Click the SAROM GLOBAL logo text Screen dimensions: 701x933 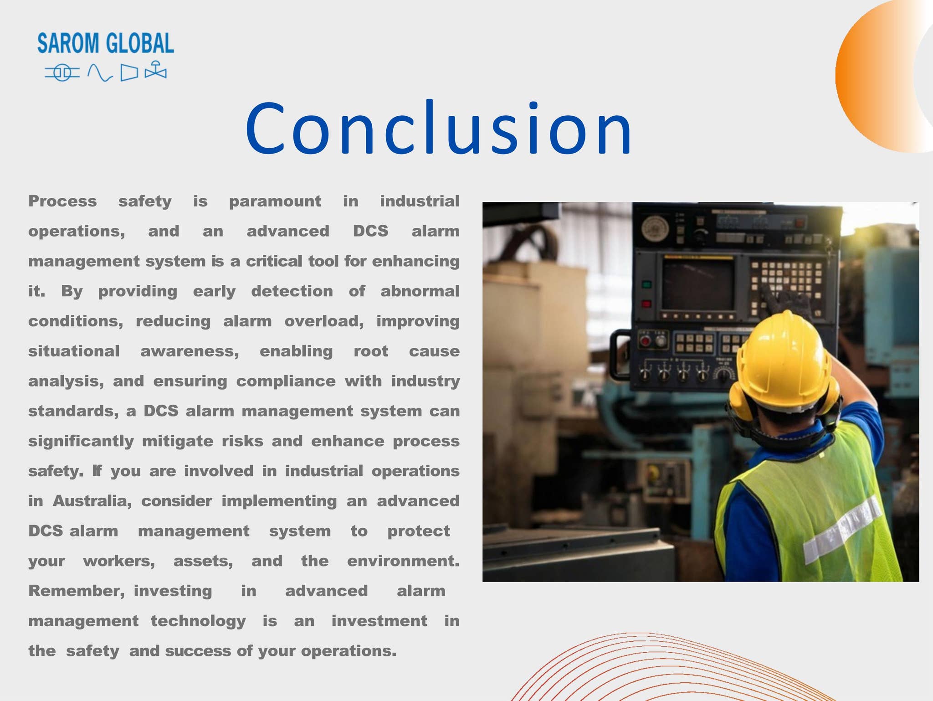105,43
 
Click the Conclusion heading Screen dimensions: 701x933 438,129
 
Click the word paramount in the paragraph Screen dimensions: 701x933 275,201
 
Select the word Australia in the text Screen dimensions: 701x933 92,501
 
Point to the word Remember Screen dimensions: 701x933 76,591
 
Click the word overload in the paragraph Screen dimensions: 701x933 324,321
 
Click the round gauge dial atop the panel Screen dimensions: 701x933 655,228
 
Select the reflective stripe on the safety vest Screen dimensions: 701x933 843,529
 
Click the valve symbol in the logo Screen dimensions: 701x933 156,71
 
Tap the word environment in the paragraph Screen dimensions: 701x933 403,561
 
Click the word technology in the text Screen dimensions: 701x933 198,621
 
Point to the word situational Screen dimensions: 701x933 74,351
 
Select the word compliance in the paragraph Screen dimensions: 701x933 286,381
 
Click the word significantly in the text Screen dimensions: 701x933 81,441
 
